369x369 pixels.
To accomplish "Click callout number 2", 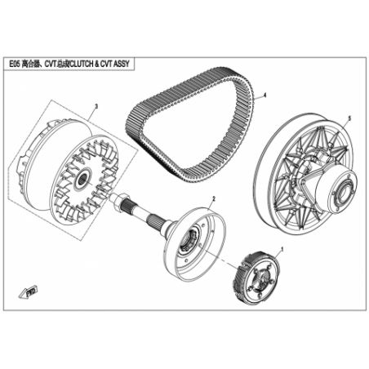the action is point(214,198).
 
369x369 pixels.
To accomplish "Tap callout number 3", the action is point(96,106).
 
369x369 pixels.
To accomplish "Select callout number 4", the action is point(265,96).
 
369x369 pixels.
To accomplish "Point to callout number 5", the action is point(349,118).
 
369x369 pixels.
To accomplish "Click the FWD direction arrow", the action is point(28,292).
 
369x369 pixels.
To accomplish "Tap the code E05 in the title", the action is point(15,64).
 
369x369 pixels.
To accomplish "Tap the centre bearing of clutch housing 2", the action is point(192,236).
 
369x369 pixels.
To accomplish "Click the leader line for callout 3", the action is point(92,114).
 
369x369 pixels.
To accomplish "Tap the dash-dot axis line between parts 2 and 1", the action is point(221,259).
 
